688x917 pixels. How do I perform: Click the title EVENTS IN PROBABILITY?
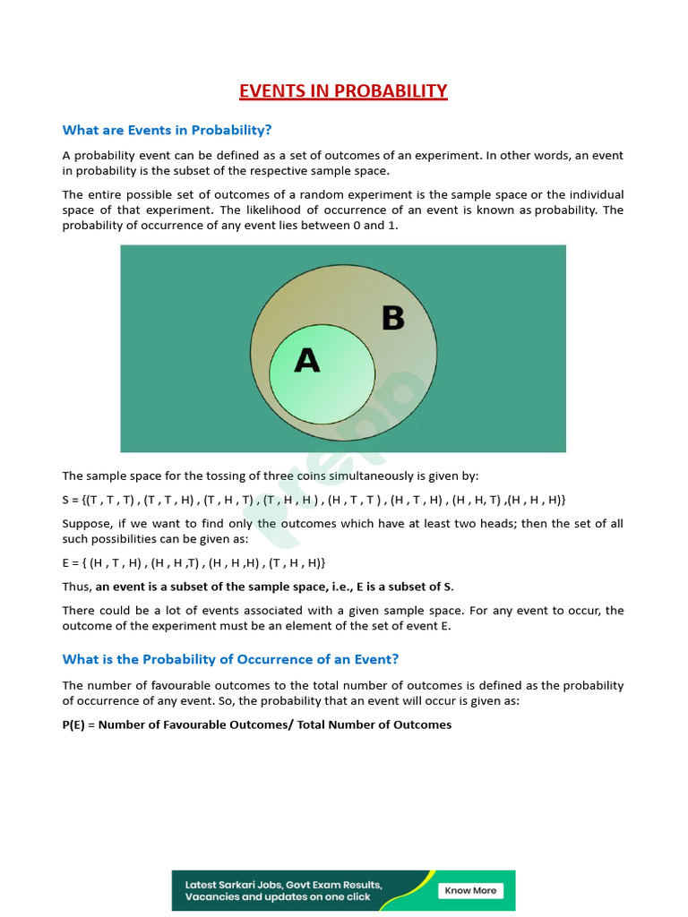point(343,91)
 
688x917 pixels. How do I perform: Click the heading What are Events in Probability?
point(167,130)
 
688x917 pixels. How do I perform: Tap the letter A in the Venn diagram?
point(307,360)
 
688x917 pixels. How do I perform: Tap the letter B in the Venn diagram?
point(393,318)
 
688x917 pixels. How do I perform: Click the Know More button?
point(470,890)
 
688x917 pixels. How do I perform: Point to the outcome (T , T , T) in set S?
point(111,500)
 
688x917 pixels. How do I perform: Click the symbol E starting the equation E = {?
point(66,562)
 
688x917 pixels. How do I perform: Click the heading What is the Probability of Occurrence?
point(230,659)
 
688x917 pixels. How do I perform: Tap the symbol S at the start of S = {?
point(66,500)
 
